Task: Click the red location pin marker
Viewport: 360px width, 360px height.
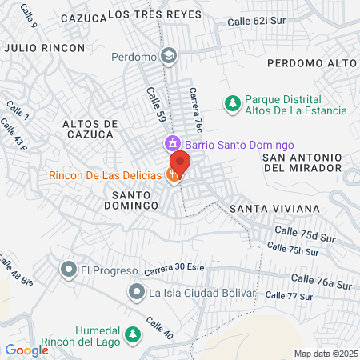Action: (180, 164)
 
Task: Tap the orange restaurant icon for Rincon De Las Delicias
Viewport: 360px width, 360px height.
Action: (174, 176)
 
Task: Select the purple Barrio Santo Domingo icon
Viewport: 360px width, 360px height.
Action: (172, 145)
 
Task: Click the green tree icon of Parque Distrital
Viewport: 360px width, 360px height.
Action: (232, 102)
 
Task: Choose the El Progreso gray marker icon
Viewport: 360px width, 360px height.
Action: (68, 270)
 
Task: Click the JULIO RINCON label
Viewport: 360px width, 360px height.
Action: (44, 48)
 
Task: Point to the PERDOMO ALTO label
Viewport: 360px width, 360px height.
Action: (311, 62)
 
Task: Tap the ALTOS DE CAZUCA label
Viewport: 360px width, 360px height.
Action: (90, 130)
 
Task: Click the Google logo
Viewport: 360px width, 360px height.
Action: (27, 350)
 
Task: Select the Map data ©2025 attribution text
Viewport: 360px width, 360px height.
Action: (325, 354)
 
